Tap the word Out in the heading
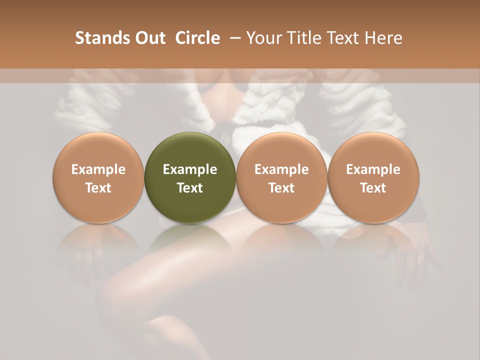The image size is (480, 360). click(148, 38)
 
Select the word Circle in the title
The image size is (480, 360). click(197, 38)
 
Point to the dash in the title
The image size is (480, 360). click(233, 38)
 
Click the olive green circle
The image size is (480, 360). click(190, 177)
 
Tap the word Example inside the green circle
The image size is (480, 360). click(190, 169)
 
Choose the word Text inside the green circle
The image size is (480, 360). click(190, 188)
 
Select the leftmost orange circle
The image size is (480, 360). click(98, 177)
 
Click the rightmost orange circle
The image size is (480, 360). click(373, 177)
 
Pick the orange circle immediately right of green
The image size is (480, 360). click(281, 177)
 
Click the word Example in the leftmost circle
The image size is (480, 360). click(98, 169)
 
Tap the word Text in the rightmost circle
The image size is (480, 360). click(373, 188)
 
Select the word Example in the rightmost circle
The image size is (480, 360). click(373, 169)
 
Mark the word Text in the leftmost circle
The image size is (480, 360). click(98, 188)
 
